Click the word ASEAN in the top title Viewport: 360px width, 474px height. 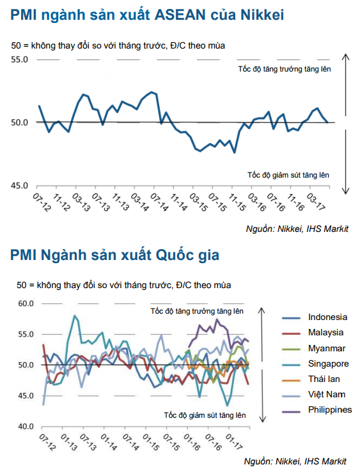pyautogui.click(x=180, y=15)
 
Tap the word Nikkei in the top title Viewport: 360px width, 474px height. pyautogui.click(x=262, y=15)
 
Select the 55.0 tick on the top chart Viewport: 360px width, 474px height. pyautogui.click(x=19, y=59)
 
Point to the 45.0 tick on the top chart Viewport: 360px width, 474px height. pyautogui.click(x=19, y=186)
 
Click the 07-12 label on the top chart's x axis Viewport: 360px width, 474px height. pyautogui.click(x=42, y=203)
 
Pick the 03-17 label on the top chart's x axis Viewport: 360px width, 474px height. pyautogui.click(x=316, y=202)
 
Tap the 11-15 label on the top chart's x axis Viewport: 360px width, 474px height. pyautogui.click(x=237, y=203)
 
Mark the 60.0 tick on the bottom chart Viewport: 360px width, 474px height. pyautogui.click(x=26, y=303)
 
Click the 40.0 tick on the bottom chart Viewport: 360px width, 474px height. pyautogui.click(x=26, y=426)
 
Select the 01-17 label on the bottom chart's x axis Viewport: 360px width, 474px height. pyautogui.click(x=234, y=442)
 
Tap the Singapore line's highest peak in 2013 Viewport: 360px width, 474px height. pyautogui.click(x=74, y=316)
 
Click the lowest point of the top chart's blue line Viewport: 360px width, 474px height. pyautogui.click(x=235, y=153)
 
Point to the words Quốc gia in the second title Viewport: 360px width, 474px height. pyautogui.click(x=187, y=255)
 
